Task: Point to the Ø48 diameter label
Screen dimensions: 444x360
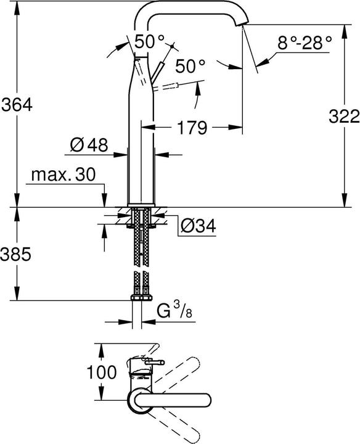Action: (x=89, y=146)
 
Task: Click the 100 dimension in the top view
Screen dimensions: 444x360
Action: (x=101, y=372)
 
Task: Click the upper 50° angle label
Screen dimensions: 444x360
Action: (x=150, y=41)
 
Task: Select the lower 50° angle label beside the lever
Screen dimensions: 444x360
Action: (x=190, y=64)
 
